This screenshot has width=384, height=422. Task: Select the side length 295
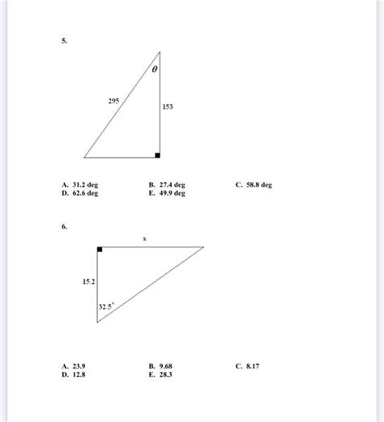[114, 101]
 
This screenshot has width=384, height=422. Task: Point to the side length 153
[168, 106]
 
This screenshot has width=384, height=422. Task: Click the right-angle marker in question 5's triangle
[157, 154]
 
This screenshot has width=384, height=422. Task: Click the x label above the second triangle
[145, 238]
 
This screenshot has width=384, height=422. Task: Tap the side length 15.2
[88, 281]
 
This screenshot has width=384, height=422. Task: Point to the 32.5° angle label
[107, 306]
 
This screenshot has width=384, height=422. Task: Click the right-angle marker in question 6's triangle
[100, 250]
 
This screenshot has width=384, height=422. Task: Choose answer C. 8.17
[246, 366]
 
